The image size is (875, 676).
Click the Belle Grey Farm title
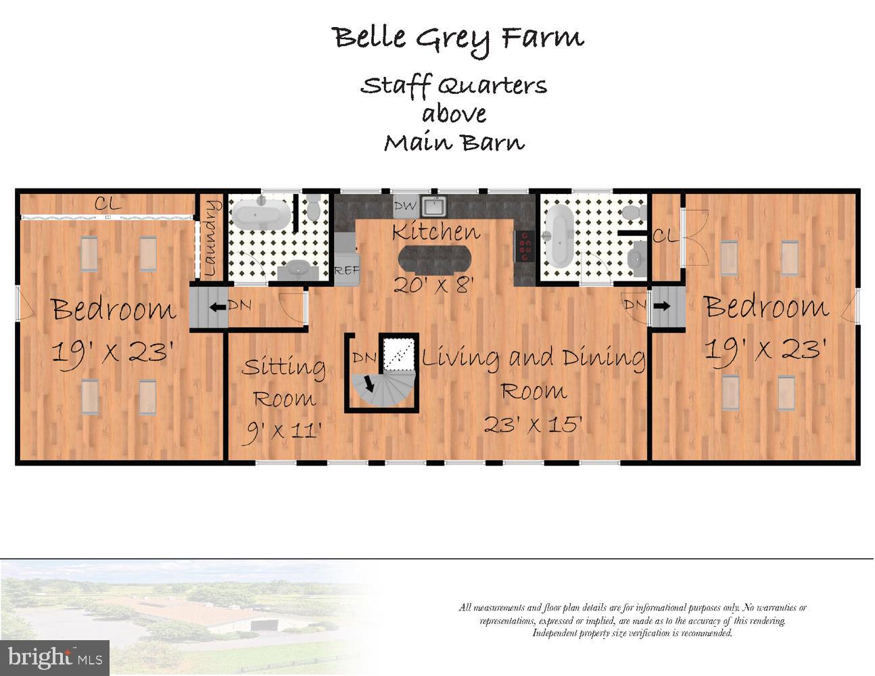coord(458,40)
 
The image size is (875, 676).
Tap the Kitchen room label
coord(436,231)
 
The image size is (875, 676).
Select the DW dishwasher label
coord(405,206)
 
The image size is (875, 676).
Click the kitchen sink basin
coord(433,206)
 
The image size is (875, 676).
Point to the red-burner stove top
coord(524,246)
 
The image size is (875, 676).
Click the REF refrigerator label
coord(347,270)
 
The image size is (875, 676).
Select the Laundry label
coord(211,238)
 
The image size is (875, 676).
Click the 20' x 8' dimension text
coord(433,286)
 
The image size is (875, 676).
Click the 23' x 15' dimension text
coord(533,424)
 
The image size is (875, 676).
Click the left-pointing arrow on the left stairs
coord(218,308)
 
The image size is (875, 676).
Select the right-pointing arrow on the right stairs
coord(661,306)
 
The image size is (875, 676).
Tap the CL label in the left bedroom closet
coord(108,204)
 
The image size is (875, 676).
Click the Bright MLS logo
coord(55,658)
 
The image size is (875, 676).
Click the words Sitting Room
coord(283,383)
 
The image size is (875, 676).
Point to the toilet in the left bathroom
coord(313,206)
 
